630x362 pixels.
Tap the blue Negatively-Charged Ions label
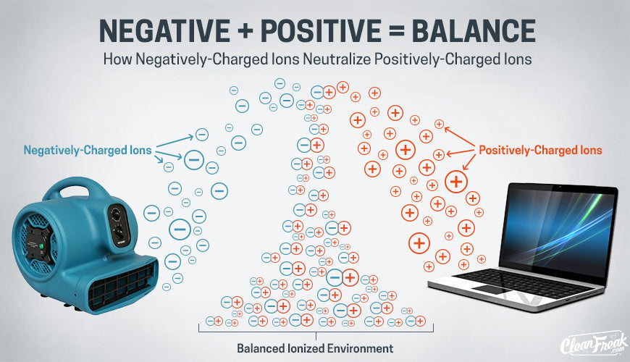88,151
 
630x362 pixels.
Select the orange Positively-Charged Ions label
540,151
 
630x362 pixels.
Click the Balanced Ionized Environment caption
314,348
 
